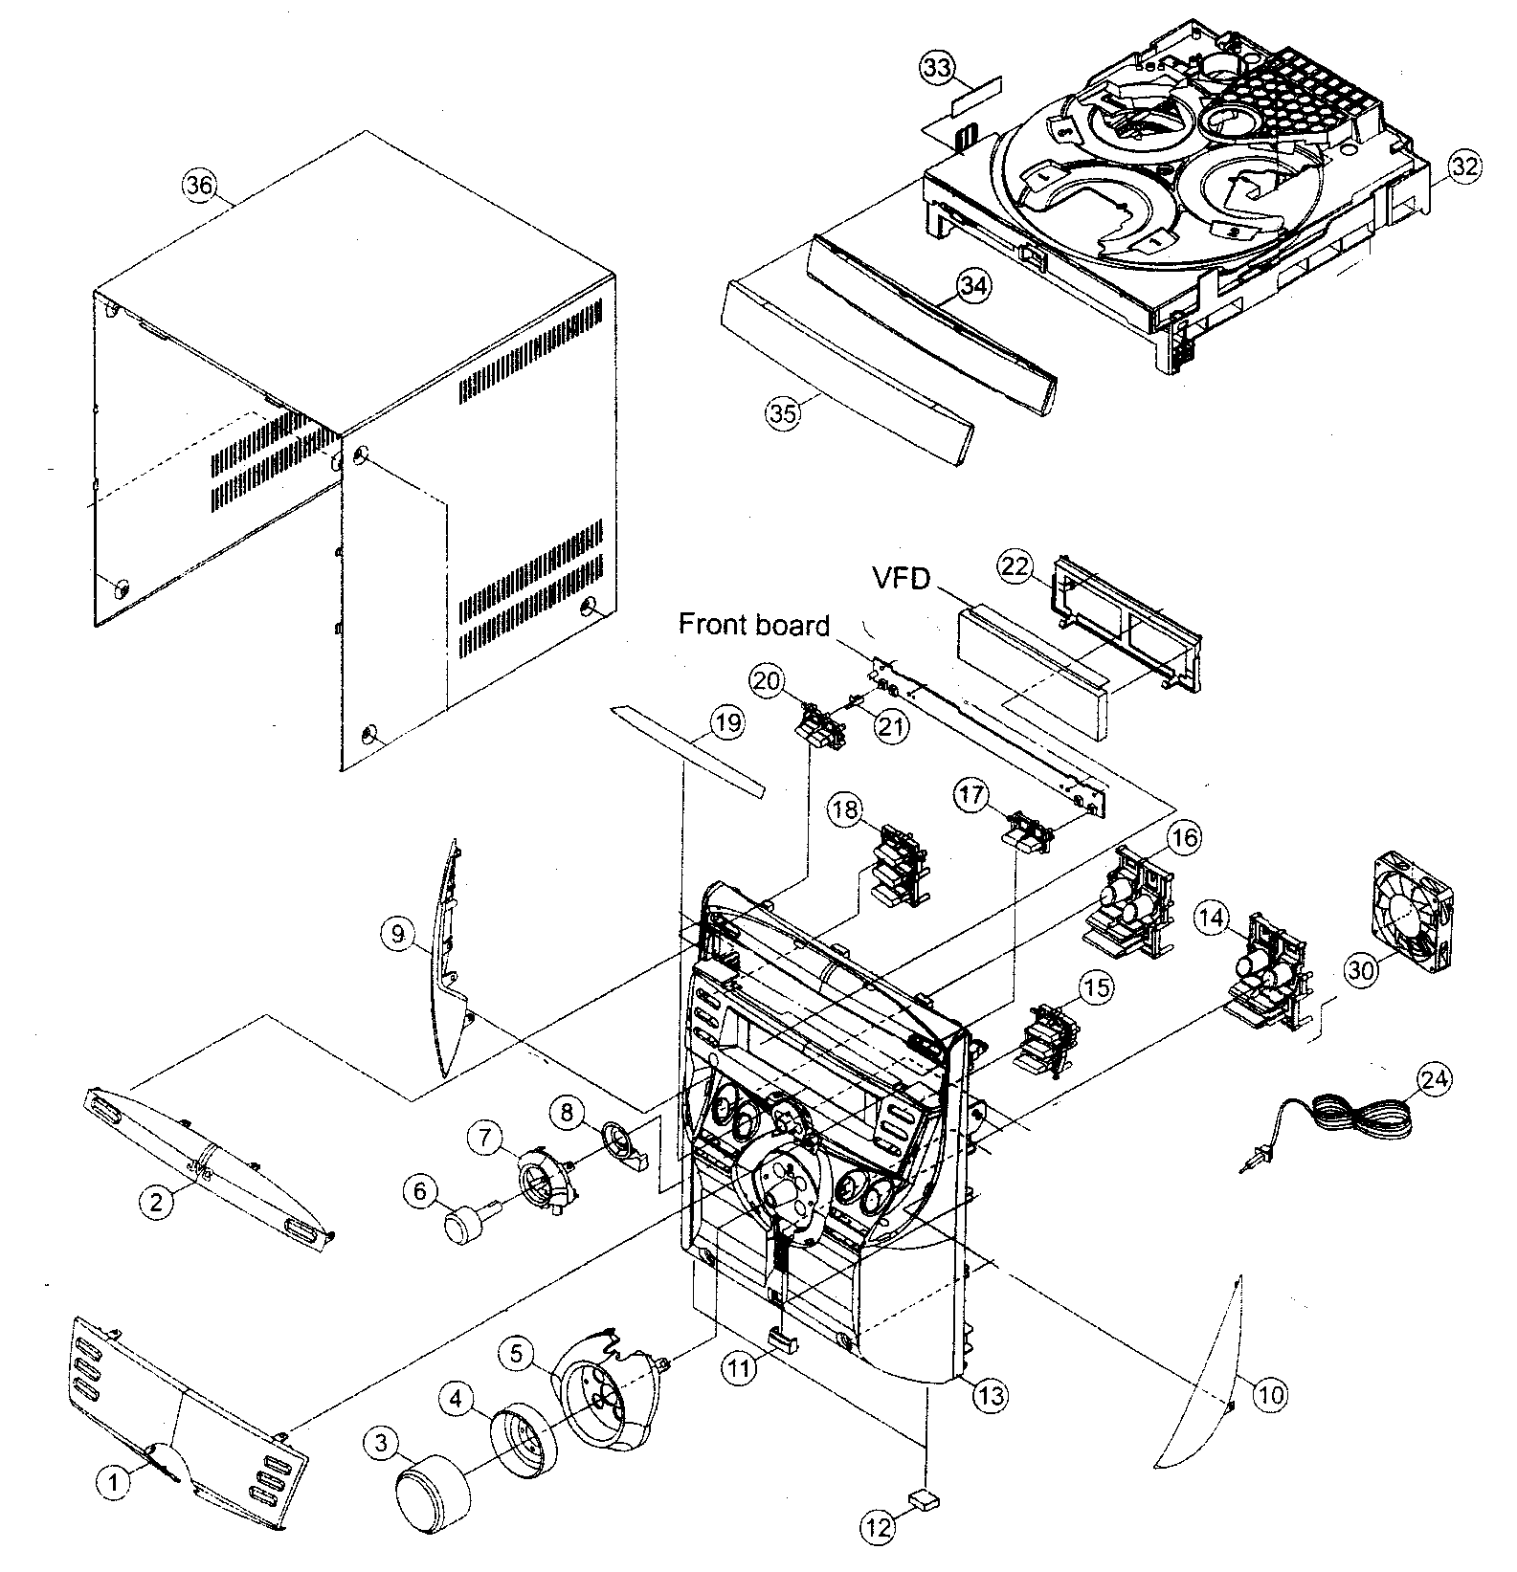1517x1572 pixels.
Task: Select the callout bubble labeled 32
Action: tap(1463, 166)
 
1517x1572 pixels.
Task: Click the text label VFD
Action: tap(901, 578)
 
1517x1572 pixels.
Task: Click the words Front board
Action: tap(753, 625)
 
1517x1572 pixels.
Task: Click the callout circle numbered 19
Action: tap(726, 722)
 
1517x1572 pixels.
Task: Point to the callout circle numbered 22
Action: tap(1016, 567)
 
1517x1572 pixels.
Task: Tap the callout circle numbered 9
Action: tap(397, 934)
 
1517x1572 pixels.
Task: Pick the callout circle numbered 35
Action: tap(782, 413)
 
